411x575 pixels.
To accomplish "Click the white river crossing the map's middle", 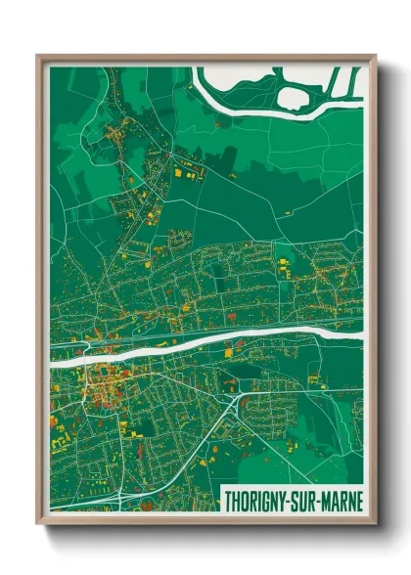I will pyautogui.click(x=196, y=345).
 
